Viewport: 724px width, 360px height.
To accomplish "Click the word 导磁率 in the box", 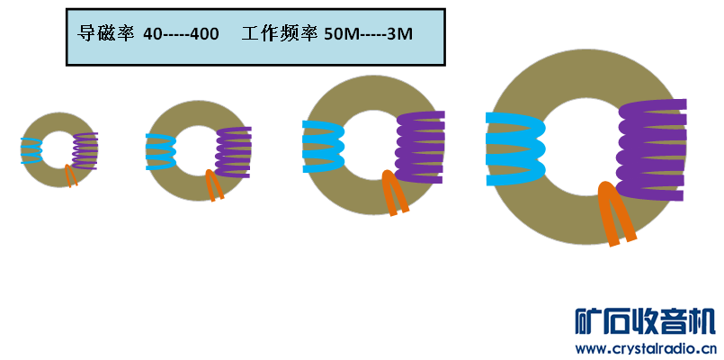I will click(x=106, y=35).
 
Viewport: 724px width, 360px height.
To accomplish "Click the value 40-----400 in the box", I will click(x=181, y=35).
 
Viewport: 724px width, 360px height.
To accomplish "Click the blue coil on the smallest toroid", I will click(x=31, y=150).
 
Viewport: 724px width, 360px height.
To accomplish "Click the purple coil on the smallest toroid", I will click(x=85, y=150).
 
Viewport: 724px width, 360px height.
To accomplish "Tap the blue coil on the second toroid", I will click(x=160, y=151).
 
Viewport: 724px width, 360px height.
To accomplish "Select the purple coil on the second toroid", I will click(x=234, y=151).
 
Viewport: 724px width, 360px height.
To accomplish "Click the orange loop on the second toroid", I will click(x=214, y=185).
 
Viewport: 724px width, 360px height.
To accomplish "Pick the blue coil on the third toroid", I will click(x=323, y=146).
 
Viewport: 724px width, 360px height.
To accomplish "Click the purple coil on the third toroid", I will click(x=420, y=147).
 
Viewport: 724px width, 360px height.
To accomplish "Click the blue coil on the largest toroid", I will click(x=514, y=148).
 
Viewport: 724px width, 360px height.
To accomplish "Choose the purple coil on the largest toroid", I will click(x=652, y=149).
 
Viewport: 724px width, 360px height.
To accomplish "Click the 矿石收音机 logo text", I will click(x=645, y=322).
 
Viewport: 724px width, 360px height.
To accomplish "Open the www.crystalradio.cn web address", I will click(x=645, y=349).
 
